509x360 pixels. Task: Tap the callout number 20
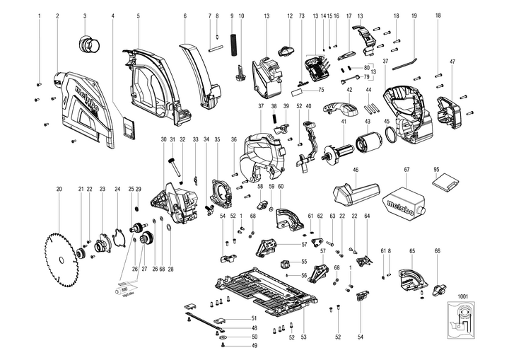[x=59, y=190]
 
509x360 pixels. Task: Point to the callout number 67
[x=407, y=170]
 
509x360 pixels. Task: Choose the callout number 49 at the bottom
[x=255, y=346]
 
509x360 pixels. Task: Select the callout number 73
[x=301, y=15]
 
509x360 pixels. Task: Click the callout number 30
[x=163, y=139]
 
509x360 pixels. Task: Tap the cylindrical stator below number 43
[x=367, y=153]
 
